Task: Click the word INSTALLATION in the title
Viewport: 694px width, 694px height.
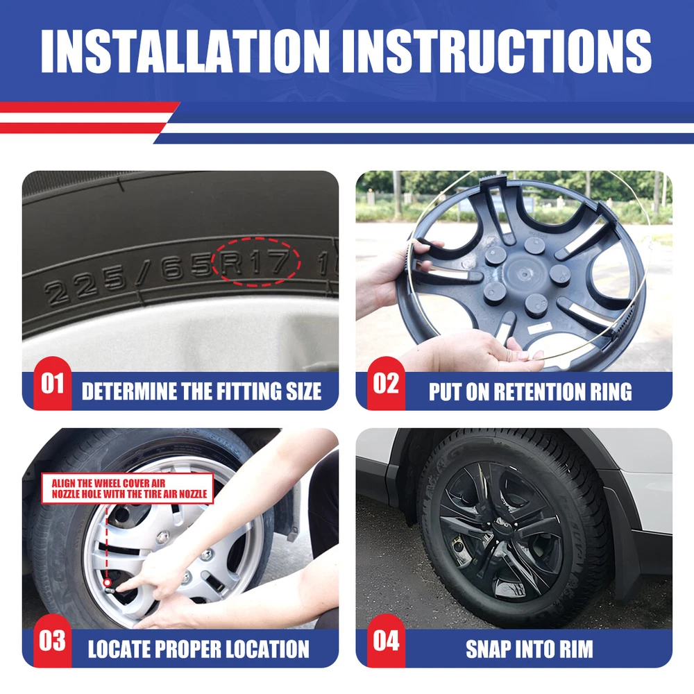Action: (x=185, y=51)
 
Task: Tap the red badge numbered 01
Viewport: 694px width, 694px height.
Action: (x=52, y=383)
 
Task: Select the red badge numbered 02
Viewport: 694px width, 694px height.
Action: (x=386, y=383)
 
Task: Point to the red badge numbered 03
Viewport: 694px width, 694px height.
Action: (x=52, y=641)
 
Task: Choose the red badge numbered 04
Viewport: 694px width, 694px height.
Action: (x=386, y=641)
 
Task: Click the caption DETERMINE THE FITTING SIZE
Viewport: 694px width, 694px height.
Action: (x=201, y=391)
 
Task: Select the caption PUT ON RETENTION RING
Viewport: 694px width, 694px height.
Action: (x=530, y=391)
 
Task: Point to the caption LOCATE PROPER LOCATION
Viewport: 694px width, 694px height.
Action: (x=198, y=650)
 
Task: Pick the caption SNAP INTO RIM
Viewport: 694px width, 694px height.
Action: (x=530, y=650)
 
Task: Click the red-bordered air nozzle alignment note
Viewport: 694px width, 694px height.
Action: (x=128, y=488)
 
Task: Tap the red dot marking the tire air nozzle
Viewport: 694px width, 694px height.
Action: (x=107, y=584)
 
